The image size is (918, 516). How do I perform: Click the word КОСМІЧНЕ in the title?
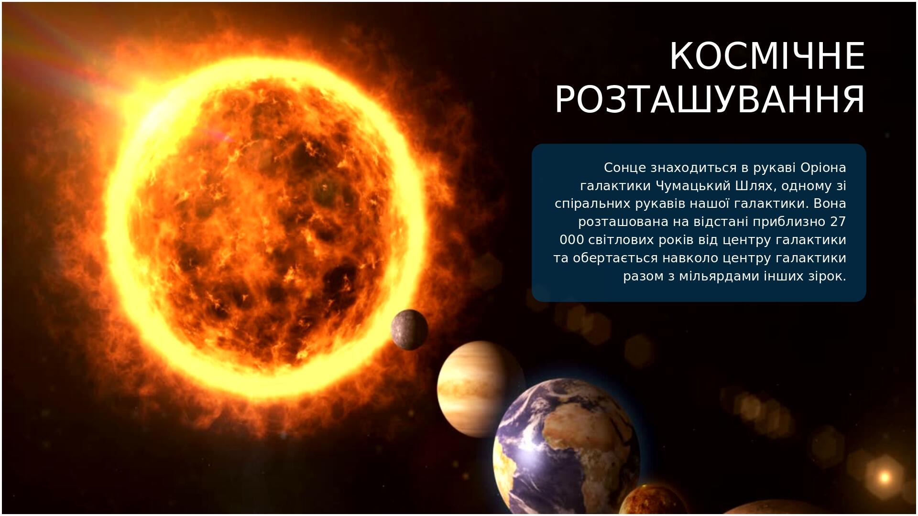point(767,56)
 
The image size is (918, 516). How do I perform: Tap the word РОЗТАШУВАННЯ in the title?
point(710,99)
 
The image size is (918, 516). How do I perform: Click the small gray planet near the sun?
point(409,330)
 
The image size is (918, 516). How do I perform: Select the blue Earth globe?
point(567,447)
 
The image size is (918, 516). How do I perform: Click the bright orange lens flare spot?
point(885,476)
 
